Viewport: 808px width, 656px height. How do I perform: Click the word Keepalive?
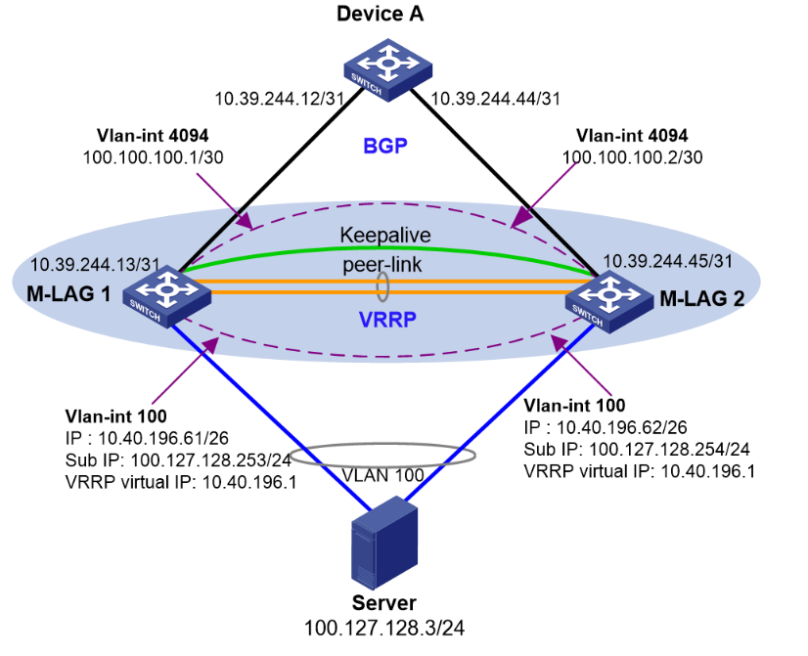385,236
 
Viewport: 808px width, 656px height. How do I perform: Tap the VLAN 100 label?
383,475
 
